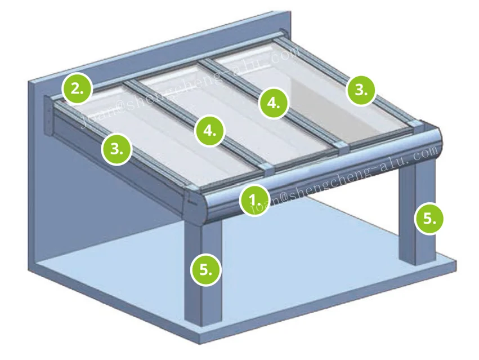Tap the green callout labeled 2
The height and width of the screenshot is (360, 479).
(x=77, y=89)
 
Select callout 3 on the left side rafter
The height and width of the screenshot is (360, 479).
(x=117, y=149)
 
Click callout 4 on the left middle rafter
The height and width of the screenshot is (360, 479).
(x=209, y=131)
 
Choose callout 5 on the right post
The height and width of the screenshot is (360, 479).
(x=429, y=218)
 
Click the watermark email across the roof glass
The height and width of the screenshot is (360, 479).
(x=191, y=85)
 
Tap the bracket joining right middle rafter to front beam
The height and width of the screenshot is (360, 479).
(x=341, y=146)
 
